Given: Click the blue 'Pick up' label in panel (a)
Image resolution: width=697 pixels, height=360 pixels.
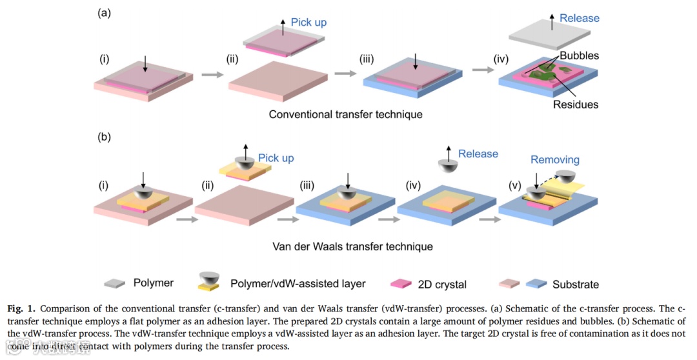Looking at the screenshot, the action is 308,22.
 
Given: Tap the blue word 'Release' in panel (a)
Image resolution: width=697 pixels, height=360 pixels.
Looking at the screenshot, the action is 579,18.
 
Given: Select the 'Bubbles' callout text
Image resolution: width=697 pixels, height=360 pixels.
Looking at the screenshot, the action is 579,55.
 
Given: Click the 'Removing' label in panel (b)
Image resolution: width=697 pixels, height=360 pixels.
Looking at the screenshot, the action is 554,159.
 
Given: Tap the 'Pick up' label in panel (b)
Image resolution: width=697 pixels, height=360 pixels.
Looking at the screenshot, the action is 276,158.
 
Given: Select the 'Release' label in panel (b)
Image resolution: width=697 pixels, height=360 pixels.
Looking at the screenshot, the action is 478,154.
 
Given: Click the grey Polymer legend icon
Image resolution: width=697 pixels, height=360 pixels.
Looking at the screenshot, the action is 115,283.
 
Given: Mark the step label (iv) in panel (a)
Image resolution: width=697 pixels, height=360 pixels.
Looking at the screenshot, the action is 501,59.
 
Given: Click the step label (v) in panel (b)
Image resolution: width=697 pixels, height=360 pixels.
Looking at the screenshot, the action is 514,186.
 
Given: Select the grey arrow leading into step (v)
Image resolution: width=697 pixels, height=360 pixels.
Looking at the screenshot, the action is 489,218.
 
